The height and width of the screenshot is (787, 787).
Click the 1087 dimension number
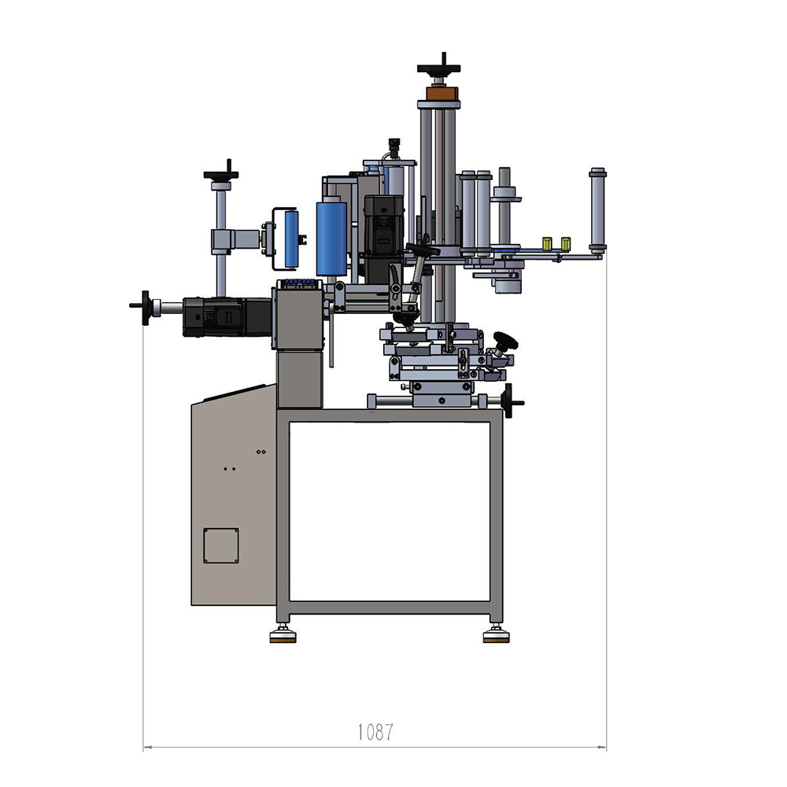[x=375, y=732]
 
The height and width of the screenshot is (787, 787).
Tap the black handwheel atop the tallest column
[x=438, y=68]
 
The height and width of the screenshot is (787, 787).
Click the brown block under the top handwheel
[x=442, y=94]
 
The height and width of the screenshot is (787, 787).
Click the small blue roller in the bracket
[x=291, y=239]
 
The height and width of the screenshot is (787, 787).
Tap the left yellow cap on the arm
[x=547, y=243]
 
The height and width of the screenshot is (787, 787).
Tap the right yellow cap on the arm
[x=566, y=243]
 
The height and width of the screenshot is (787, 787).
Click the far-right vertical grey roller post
[x=597, y=211]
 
